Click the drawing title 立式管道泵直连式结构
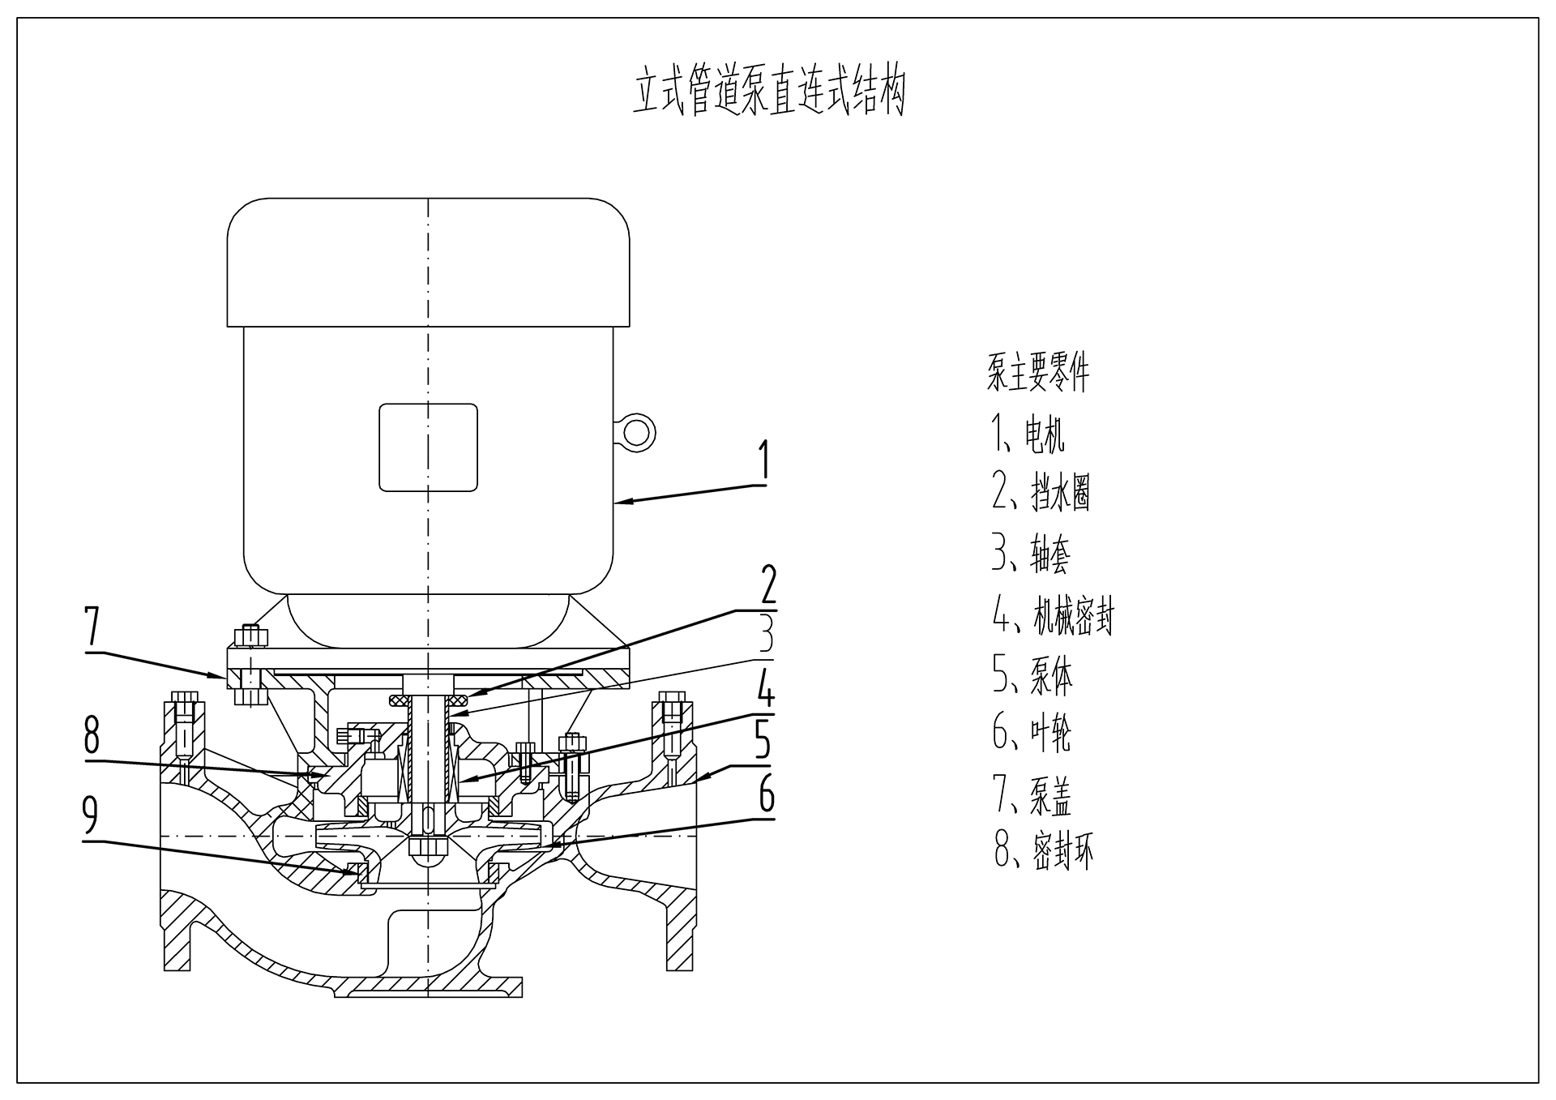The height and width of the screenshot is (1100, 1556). (x=768, y=92)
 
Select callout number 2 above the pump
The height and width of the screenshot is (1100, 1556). (x=766, y=585)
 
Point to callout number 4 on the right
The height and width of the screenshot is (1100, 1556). (x=765, y=691)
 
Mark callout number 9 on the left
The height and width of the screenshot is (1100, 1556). (x=90, y=815)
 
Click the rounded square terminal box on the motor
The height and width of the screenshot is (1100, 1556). (x=428, y=447)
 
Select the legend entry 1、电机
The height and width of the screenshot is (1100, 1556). (x=1028, y=434)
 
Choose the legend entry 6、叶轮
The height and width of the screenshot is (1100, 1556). (x=1031, y=733)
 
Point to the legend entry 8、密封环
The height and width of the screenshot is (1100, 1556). (x=1043, y=852)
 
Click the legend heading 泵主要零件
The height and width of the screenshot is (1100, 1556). (x=1037, y=374)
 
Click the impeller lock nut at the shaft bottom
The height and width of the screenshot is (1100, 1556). (x=428, y=850)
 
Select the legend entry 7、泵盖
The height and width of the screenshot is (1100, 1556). (x=1031, y=796)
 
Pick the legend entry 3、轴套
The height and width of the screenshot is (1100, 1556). (x=1031, y=554)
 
